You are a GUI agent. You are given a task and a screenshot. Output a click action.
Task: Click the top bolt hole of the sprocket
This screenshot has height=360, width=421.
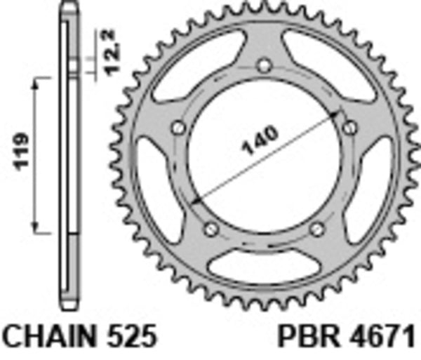point(264,67)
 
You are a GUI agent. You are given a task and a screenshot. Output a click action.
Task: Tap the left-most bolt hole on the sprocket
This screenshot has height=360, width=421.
point(178,128)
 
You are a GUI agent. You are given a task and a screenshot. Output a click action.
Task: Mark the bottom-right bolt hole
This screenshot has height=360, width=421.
point(317,229)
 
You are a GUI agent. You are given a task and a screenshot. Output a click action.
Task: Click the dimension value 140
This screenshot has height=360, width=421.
point(261,141)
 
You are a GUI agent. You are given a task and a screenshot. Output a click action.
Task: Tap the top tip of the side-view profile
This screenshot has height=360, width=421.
point(68,6)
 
